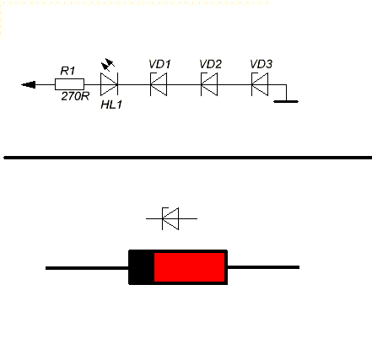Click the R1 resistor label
click(x=67, y=71)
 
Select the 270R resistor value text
click(x=75, y=96)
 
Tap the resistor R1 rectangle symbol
click(x=69, y=84)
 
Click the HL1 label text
click(x=111, y=105)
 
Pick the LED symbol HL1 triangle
click(x=109, y=84)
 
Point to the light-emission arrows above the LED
click(x=108, y=65)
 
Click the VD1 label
click(x=159, y=64)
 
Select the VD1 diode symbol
click(x=159, y=84)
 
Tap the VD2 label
click(x=211, y=64)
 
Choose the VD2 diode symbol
click(x=209, y=84)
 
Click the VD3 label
click(x=261, y=64)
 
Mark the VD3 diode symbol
click(x=260, y=84)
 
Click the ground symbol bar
click(x=286, y=101)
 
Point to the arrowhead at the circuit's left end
click(x=29, y=84)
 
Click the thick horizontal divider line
click(x=188, y=158)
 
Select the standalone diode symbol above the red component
click(x=171, y=218)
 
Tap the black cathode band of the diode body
click(x=142, y=267)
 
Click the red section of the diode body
click(x=190, y=267)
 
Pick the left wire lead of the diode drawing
click(x=87, y=268)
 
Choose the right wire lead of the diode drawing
click(x=263, y=267)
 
